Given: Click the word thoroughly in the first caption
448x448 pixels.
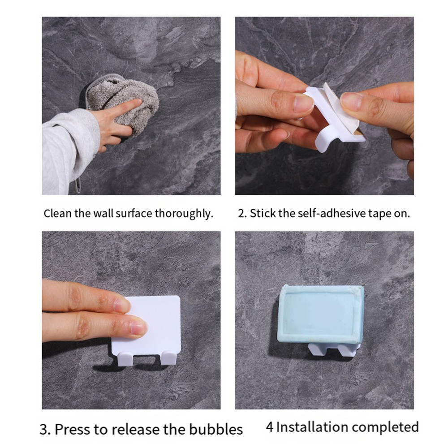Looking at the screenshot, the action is (x=184, y=214).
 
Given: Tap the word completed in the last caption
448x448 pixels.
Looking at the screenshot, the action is (x=386, y=428).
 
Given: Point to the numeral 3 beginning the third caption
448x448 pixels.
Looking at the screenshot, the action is (x=44, y=430).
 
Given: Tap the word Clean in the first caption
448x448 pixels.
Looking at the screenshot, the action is (x=58, y=214).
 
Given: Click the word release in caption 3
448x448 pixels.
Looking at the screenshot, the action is (x=135, y=429).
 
